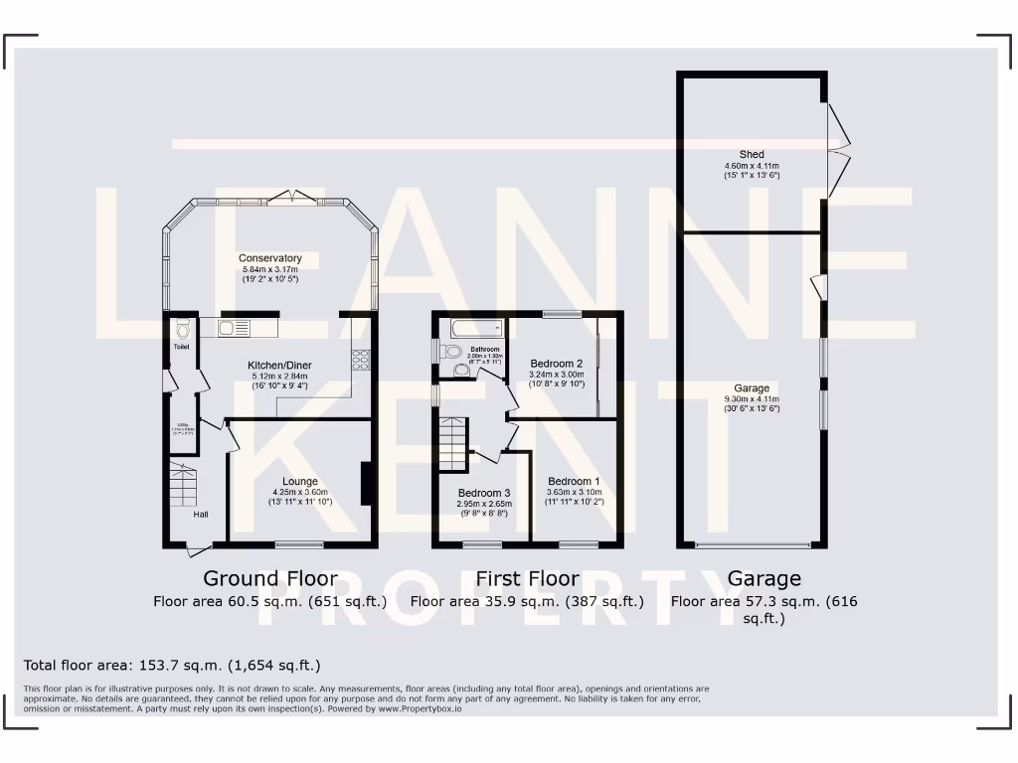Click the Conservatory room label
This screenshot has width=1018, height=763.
[x=269, y=258]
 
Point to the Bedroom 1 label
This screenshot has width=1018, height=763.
[x=575, y=481]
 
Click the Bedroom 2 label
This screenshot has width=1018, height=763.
[x=556, y=364]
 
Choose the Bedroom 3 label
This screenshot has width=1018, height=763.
[x=484, y=493]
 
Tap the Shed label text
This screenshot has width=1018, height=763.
[x=752, y=155]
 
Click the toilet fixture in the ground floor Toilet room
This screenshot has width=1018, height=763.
[x=181, y=331]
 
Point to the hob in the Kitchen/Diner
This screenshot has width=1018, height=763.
[x=360, y=359]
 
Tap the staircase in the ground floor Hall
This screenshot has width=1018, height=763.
[x=182, y=485]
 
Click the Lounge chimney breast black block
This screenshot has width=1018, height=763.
[x=367, y=484]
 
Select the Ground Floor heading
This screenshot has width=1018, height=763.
[x=269, y=578]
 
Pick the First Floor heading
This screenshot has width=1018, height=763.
[x=527, y=578]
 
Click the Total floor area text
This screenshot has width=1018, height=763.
[x=172, y=665]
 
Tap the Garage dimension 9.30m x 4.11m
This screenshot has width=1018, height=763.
[x=752, y=399]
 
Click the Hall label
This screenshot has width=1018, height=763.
[x=201, y=514]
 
